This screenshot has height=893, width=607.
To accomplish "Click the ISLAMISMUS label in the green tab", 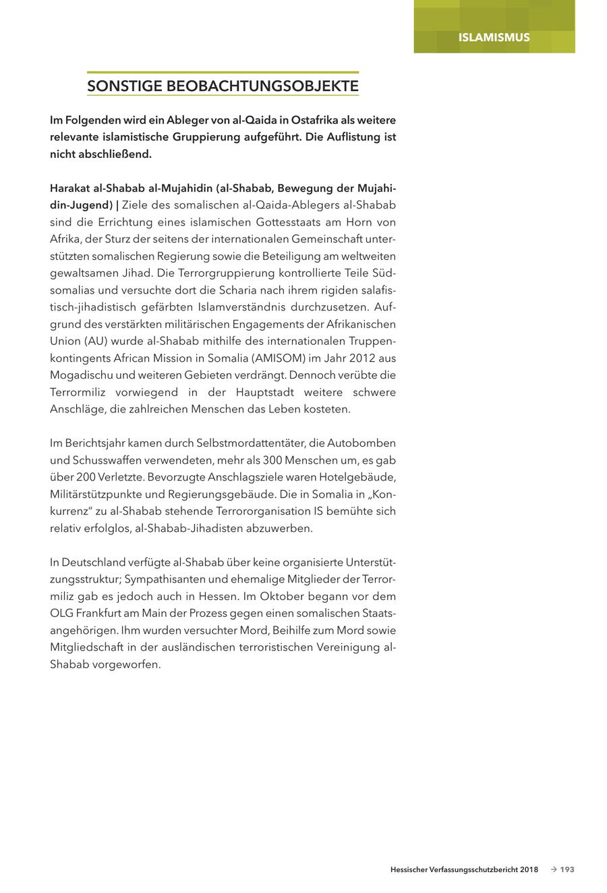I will [x=494, y=37].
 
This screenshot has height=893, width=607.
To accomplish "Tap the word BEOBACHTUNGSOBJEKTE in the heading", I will [x=262, y=86].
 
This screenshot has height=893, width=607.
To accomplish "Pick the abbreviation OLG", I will [x=61, y=614].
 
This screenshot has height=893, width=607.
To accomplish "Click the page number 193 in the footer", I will [x=567, y=870].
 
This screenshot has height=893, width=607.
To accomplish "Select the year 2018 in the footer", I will [x=529, y=870].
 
